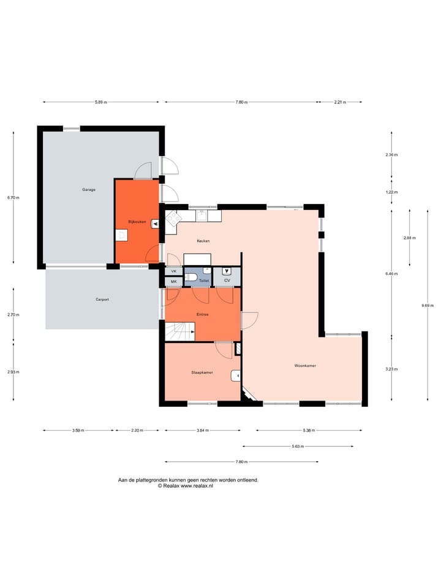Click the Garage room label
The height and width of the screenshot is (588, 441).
tap(89, 190)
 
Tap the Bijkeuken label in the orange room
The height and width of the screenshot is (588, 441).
tap(137, 222)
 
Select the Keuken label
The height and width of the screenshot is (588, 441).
tap(203, 241)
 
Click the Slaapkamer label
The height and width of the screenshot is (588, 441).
tap(202, 372)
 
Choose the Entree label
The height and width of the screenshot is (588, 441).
tap(202, 314)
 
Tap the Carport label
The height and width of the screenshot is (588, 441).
tap(102, 300)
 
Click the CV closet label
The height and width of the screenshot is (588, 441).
tap(227, 281)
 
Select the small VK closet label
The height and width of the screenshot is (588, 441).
tap(173, 271)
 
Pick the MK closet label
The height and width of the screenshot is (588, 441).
tap(173, 282)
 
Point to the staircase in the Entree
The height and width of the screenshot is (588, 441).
tap(179, 333)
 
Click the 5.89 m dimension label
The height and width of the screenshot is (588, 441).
tap(101, 102)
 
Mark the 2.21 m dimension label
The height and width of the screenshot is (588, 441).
tap(340, 102)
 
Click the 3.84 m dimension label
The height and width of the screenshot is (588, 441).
tap(203, 431)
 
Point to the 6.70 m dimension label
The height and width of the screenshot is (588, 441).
tap(13, 198)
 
